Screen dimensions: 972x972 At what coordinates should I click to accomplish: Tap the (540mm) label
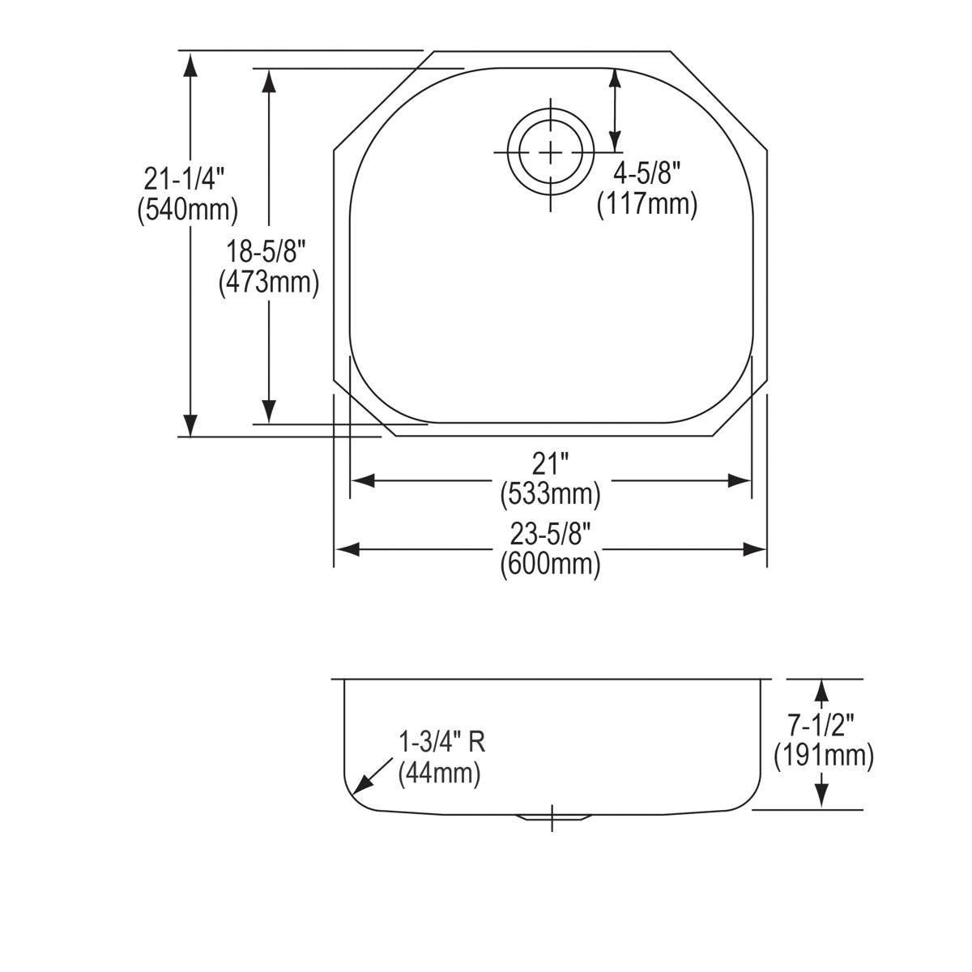click(187, 210)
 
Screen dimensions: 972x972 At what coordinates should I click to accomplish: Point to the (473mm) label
click(268, 283)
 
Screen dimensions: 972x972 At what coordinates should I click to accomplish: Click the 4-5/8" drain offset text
click(646, 173)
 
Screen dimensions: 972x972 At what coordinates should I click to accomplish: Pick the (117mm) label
click(646, 203)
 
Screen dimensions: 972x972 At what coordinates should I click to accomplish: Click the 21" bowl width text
click(551, 464)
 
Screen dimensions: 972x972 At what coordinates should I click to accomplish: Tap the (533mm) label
click(551, 493)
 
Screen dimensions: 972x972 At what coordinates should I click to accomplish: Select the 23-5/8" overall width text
click(551, 534)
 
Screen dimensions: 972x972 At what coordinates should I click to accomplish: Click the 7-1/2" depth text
click(823, 723)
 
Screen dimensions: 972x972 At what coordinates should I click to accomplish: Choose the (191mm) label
click(823, 756)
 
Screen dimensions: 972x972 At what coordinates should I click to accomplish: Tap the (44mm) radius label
click(440, 774)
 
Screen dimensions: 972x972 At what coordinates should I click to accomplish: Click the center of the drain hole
click(551, 152)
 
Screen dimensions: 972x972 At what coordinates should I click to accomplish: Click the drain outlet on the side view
click(552, 816)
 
